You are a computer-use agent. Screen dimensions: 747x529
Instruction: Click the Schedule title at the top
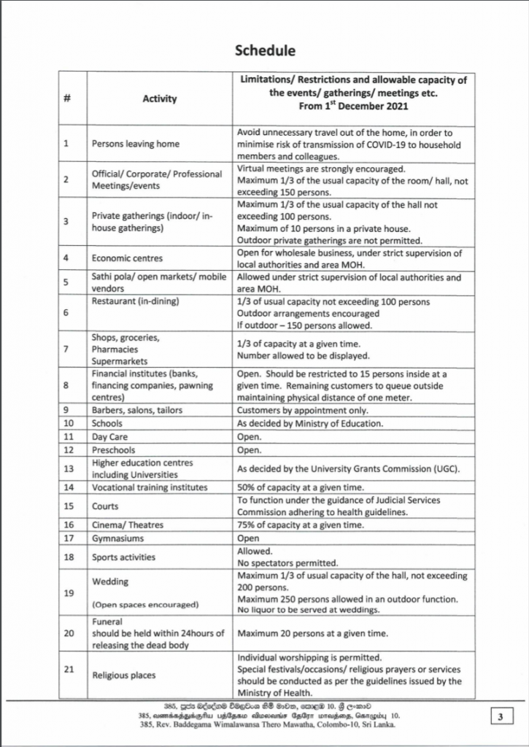pyautogui.click(x=264, y=50)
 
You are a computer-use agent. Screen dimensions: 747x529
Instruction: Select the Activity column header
pyautogui.click(x=159, y=98)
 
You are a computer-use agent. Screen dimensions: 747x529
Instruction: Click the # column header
pyautogui.click(x=67, y=98)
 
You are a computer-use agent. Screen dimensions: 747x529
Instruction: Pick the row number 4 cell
pyautogui.click(x=67, y=258)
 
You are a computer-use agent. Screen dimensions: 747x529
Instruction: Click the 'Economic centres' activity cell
pyautogui.click(x=127, y=258)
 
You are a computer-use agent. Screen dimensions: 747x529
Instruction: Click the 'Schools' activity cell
pyautogui.click(x=107, y=423)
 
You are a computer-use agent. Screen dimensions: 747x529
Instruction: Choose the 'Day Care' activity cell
pyautogui.click(x=110, y=436)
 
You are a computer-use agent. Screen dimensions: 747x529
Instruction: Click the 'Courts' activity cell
pyautogui.click(x=105, y=506)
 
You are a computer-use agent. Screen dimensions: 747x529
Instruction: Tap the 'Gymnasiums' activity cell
pyautogui.click(x=117, y=538)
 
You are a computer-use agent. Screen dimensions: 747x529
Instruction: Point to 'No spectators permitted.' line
pyautogui.click(x=287, y=563)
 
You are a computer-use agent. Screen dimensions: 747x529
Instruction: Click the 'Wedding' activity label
pyautogui.click(x=109, y=582)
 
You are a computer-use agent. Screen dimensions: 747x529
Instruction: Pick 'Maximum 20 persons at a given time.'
pyautogui.click(x=312, y=632)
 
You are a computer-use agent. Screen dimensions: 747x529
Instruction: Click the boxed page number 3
pyautogui.click(x=501, y=718)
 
